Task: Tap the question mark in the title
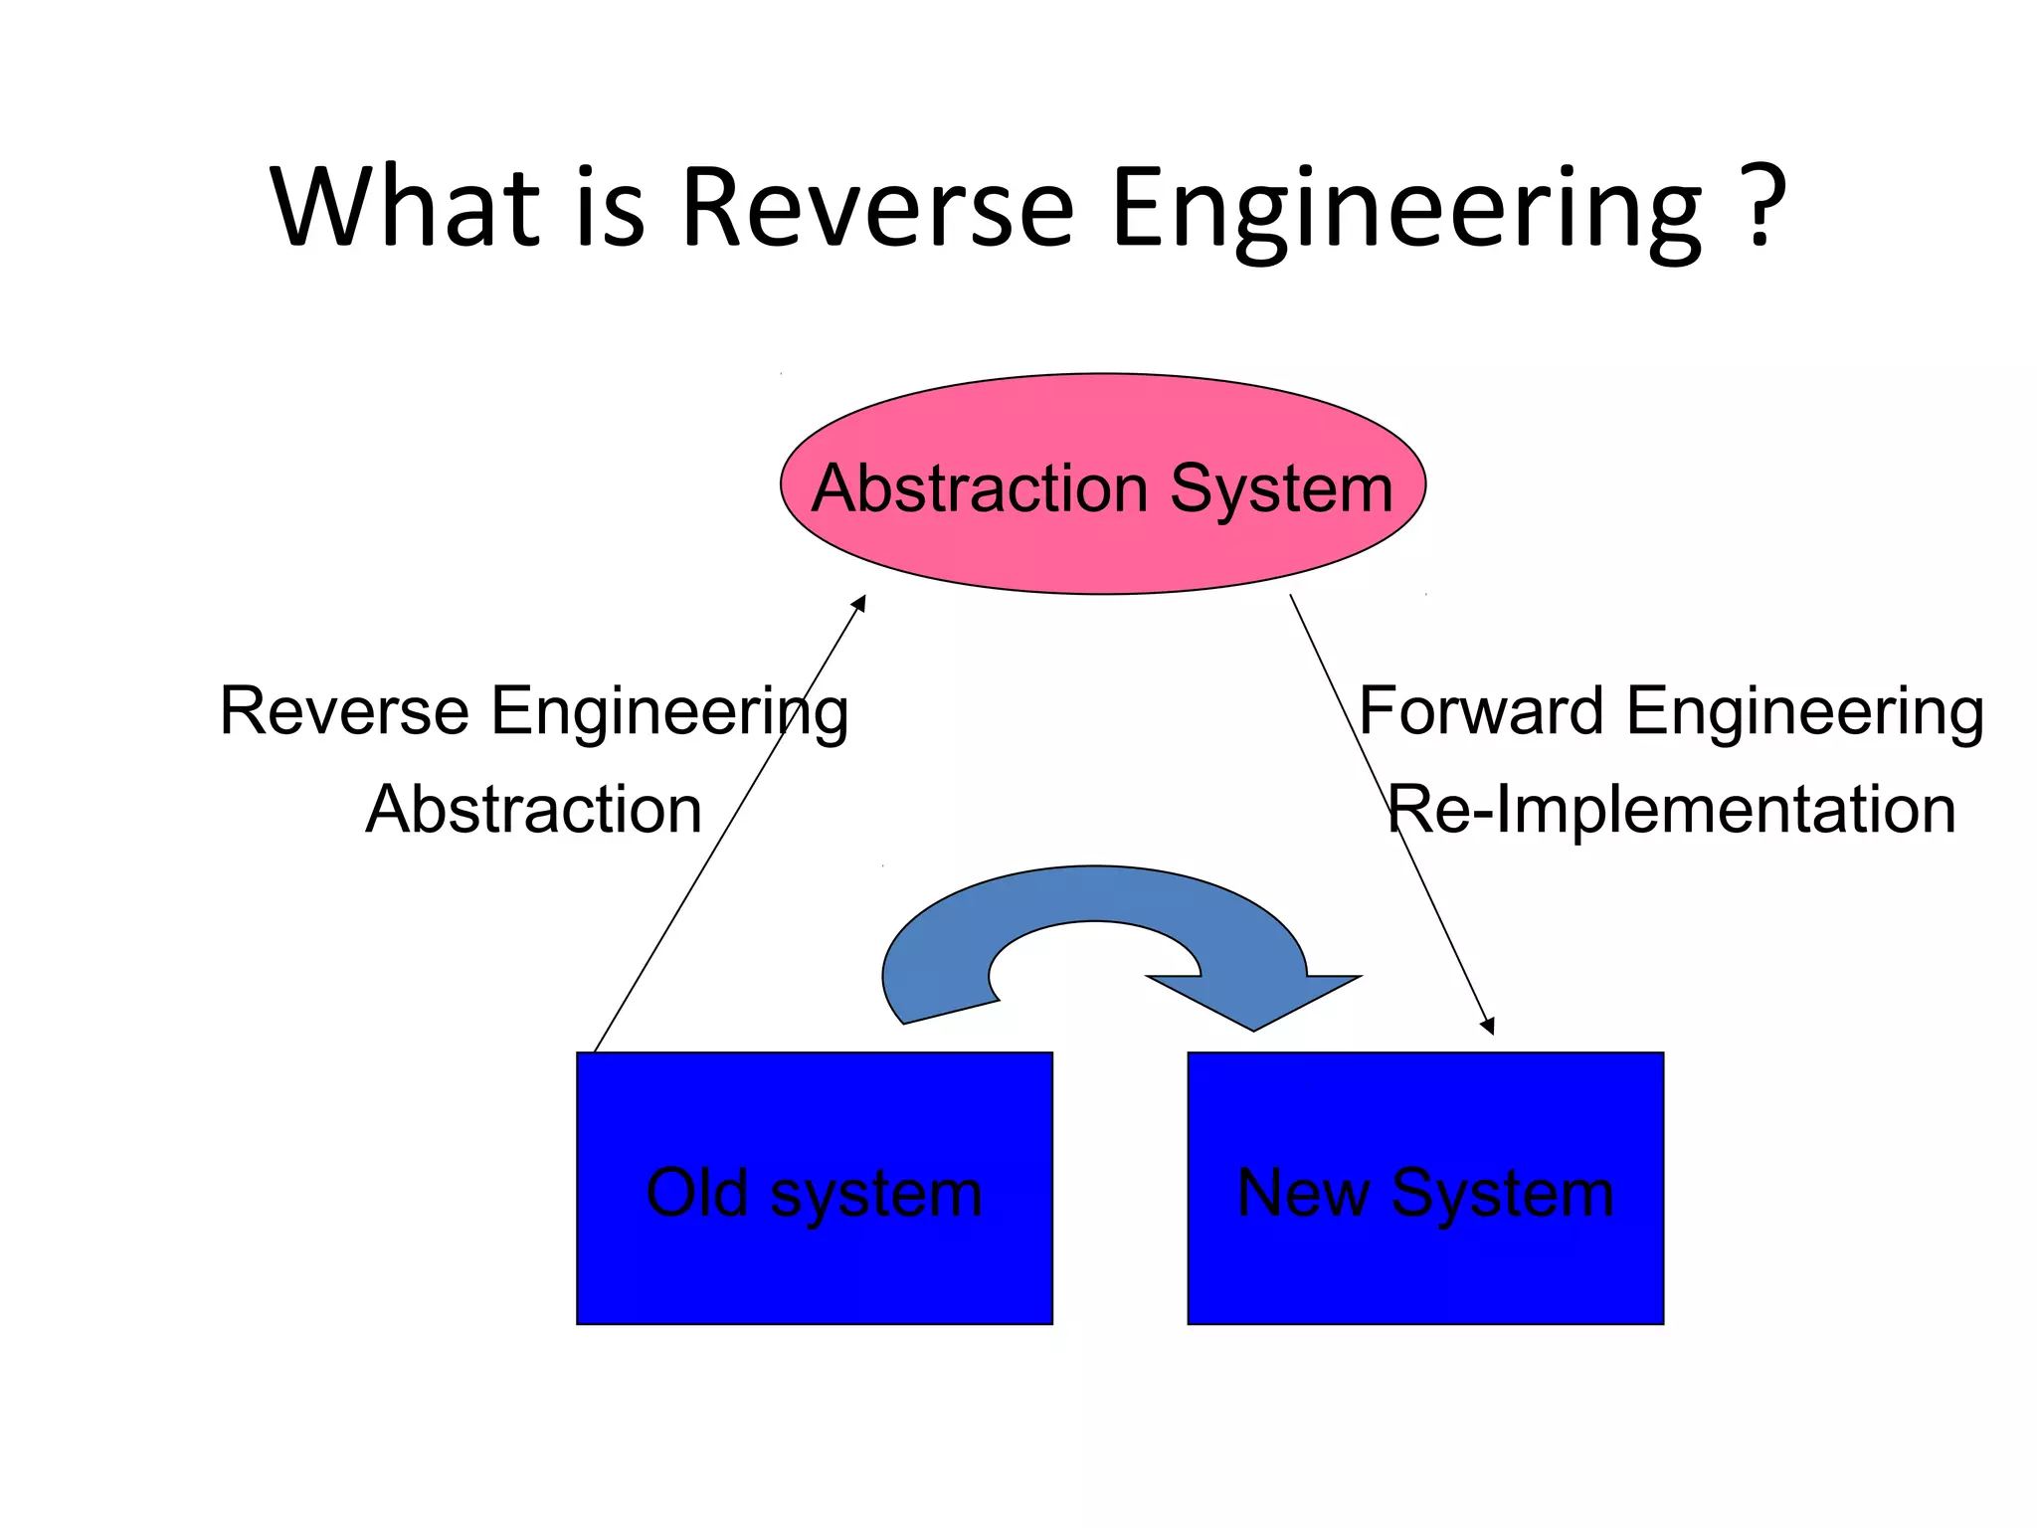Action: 1763,207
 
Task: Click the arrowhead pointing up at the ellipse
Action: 860,603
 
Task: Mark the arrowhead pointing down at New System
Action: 1488,1027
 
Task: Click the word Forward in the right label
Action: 1482,711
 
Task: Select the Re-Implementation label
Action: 1671,809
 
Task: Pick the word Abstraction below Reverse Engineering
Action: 534,809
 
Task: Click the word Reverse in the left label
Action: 344,711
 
